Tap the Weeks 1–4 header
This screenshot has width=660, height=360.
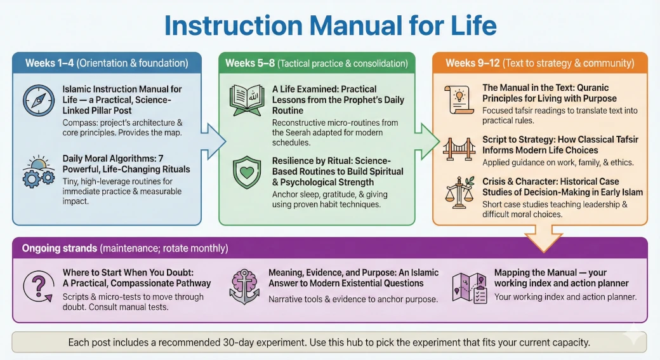[107, 63]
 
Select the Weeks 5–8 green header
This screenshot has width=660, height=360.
[316, 63]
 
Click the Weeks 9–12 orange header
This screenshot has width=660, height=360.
[539, 63]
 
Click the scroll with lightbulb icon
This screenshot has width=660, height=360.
[459, 99]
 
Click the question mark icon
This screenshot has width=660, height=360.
[39, 288]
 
